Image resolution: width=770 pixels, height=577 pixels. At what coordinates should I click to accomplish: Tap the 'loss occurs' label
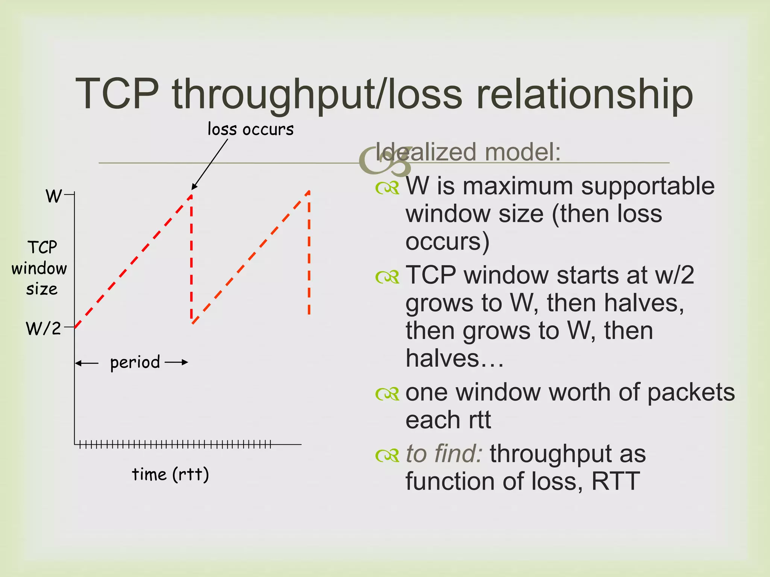250,130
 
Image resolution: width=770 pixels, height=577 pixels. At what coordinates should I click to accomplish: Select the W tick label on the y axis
53,196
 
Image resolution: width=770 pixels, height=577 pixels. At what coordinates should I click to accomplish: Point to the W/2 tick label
43,328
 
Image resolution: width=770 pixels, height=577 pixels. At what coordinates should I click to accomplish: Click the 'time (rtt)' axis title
170,474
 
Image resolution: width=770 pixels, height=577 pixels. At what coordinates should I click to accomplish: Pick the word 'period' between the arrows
135,363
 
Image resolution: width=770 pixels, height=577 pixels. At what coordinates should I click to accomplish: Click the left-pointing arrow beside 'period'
87,363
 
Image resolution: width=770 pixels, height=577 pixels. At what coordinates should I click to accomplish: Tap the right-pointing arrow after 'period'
176,363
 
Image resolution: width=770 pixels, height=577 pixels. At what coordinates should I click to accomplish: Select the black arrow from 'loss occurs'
209,165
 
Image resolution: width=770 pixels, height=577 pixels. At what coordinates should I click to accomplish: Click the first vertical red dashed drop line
191,259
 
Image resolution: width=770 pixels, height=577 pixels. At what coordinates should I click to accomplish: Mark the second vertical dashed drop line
309,255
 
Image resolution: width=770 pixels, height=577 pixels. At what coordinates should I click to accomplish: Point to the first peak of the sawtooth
191,195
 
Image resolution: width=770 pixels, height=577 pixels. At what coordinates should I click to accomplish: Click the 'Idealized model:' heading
468,152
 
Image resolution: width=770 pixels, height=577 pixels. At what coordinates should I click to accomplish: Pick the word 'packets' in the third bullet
691,393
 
